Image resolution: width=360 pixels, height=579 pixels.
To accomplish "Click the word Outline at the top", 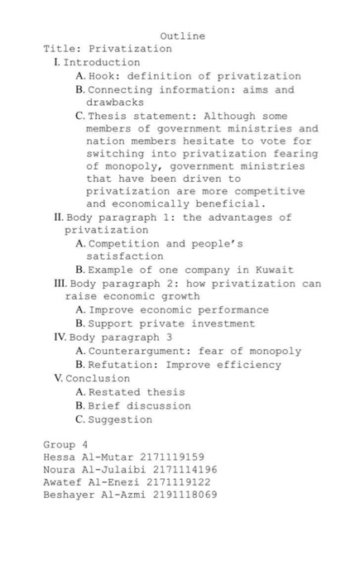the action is coord(182,36).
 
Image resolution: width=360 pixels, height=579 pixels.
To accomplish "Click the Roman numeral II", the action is coord(58,218).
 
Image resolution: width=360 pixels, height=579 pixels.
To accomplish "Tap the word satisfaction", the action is coord(125,256).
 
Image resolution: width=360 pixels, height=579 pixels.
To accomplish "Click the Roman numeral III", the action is coord(60,284).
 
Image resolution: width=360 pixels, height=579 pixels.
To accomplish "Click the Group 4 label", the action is coord(65,445).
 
